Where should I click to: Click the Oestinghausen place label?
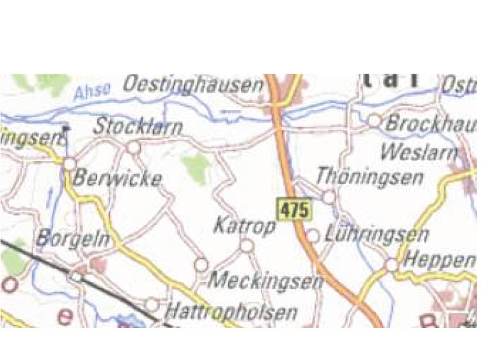[x=193, y=85]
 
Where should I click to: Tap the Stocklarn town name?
[x=137, y=127]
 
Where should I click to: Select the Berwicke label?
[x=117, y=178]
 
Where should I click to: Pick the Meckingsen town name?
[x=266, y=280]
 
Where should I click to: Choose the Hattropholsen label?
[x=231, y=312]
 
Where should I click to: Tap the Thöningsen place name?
[x=369, y=176]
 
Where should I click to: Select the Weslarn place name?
[x=419, y=152]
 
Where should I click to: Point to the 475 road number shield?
[x=294, y=209]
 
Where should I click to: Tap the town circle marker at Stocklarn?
[x=134, y=148]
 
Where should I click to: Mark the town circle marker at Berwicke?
[x=69, y=164]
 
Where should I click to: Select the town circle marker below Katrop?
[x=247, y=245]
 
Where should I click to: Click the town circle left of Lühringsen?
[x=313, y=236]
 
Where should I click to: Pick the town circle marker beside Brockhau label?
[x=374, y=120]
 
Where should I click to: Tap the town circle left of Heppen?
[x=392, y=265]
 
